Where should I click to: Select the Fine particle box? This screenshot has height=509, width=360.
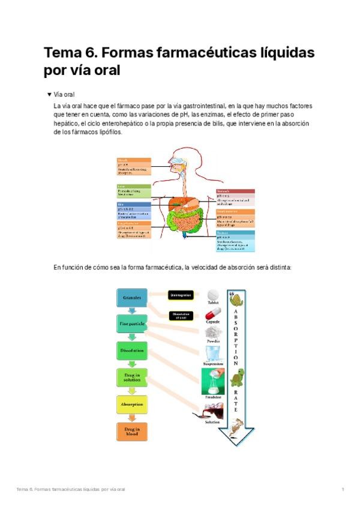131,324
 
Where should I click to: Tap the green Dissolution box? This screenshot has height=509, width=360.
131,351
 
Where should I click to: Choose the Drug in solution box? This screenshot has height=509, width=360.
131,378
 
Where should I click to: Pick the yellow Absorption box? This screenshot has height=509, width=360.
131,405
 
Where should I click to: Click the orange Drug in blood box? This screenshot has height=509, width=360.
131,431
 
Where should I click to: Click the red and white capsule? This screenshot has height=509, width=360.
213,313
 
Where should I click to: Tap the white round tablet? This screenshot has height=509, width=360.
213,295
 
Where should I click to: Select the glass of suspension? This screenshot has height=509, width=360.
214,351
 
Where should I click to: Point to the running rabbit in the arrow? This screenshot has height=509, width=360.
236,427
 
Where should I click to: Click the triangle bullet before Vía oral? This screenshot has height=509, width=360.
49,94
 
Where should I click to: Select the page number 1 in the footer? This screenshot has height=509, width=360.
343,489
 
